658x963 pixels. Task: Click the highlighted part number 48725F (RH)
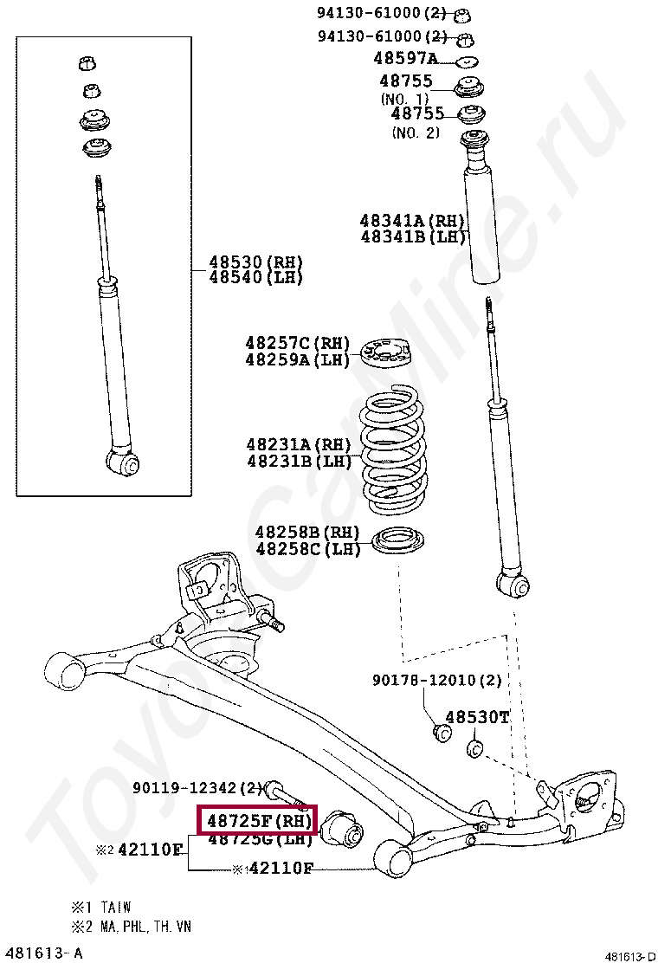tap(258, 819)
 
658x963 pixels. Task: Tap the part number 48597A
tap(405, 59)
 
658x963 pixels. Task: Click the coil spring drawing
tap(394, 451)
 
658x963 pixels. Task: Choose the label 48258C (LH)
tap(307, 549)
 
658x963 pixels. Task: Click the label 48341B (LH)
tap(413, 236)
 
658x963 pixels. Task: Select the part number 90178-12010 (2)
tap(437, 681)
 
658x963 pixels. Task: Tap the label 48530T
tap(477, 717)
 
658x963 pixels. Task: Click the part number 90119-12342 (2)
tap(197, 788)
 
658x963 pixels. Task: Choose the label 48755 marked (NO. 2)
tap(416, 113)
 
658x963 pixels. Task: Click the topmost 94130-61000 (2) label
tap(381, 13)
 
